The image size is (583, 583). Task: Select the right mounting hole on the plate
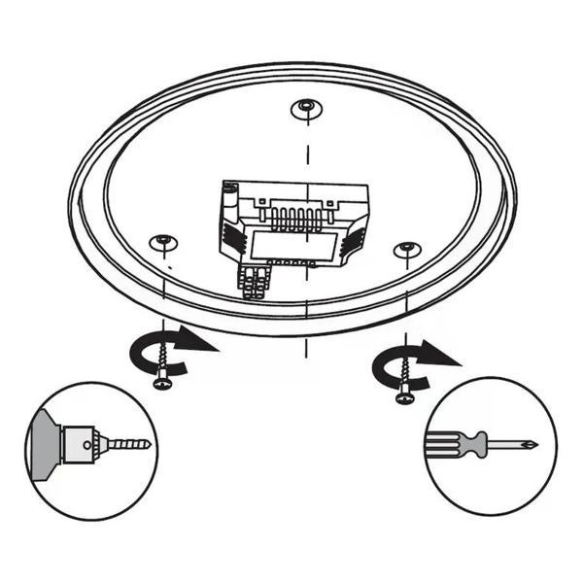[x=406, y=250]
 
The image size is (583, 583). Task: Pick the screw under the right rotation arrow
[x=403, y=384]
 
